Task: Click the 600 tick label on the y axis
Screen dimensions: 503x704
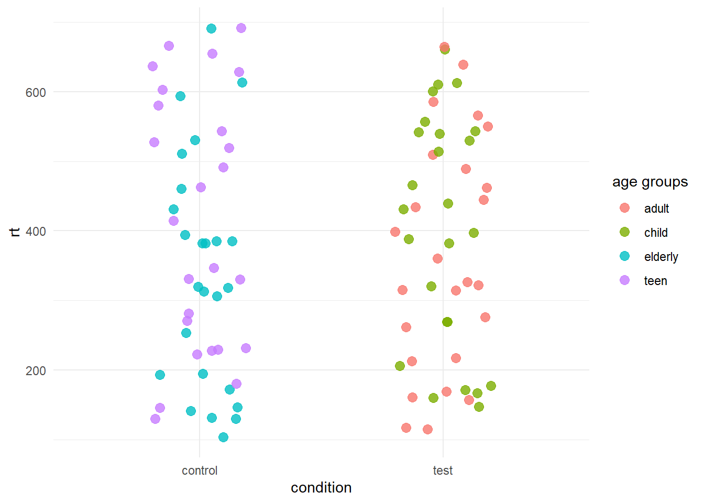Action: click(36, 92)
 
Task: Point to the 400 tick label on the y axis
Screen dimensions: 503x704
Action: click(36, 231)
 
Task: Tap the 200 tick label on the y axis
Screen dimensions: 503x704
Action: click(36, 370)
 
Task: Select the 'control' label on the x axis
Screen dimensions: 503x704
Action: click(200, 471)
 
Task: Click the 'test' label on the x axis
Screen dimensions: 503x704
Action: click(443, 471)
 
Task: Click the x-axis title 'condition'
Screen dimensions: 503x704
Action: click(321, 488)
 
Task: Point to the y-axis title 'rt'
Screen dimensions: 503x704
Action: click(15, 231)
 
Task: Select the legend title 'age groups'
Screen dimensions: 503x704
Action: click(650, 182)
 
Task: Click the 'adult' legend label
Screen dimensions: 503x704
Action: click(656, 209)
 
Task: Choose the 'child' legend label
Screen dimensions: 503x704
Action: click(656, 233)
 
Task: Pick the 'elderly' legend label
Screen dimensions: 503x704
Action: click(661, 257)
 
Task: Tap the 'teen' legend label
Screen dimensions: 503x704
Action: click(655, 281)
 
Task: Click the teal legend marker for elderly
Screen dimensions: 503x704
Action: click(624, 256)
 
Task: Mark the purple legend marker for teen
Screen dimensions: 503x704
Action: click(624, 280)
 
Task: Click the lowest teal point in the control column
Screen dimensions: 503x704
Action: click(223, 437)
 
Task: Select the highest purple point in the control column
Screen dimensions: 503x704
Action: click(241, 28)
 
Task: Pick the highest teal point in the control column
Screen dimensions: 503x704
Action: click(211, 28)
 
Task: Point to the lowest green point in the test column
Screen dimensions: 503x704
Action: click(479, 407)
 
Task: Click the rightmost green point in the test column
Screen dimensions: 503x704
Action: click(491, 386)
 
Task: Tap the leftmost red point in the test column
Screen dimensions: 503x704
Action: click(395, 232)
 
